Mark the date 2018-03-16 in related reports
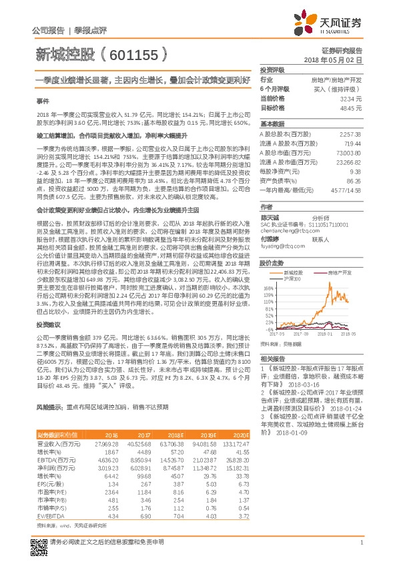(x=291, y=386)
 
